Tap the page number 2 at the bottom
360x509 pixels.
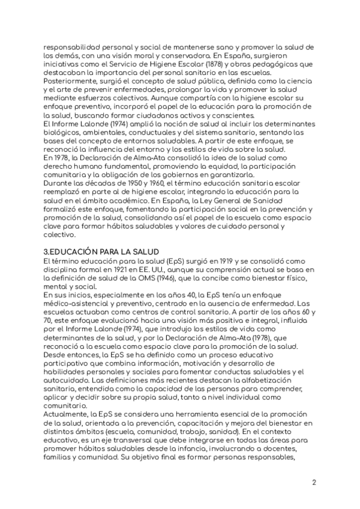point(314,482)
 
